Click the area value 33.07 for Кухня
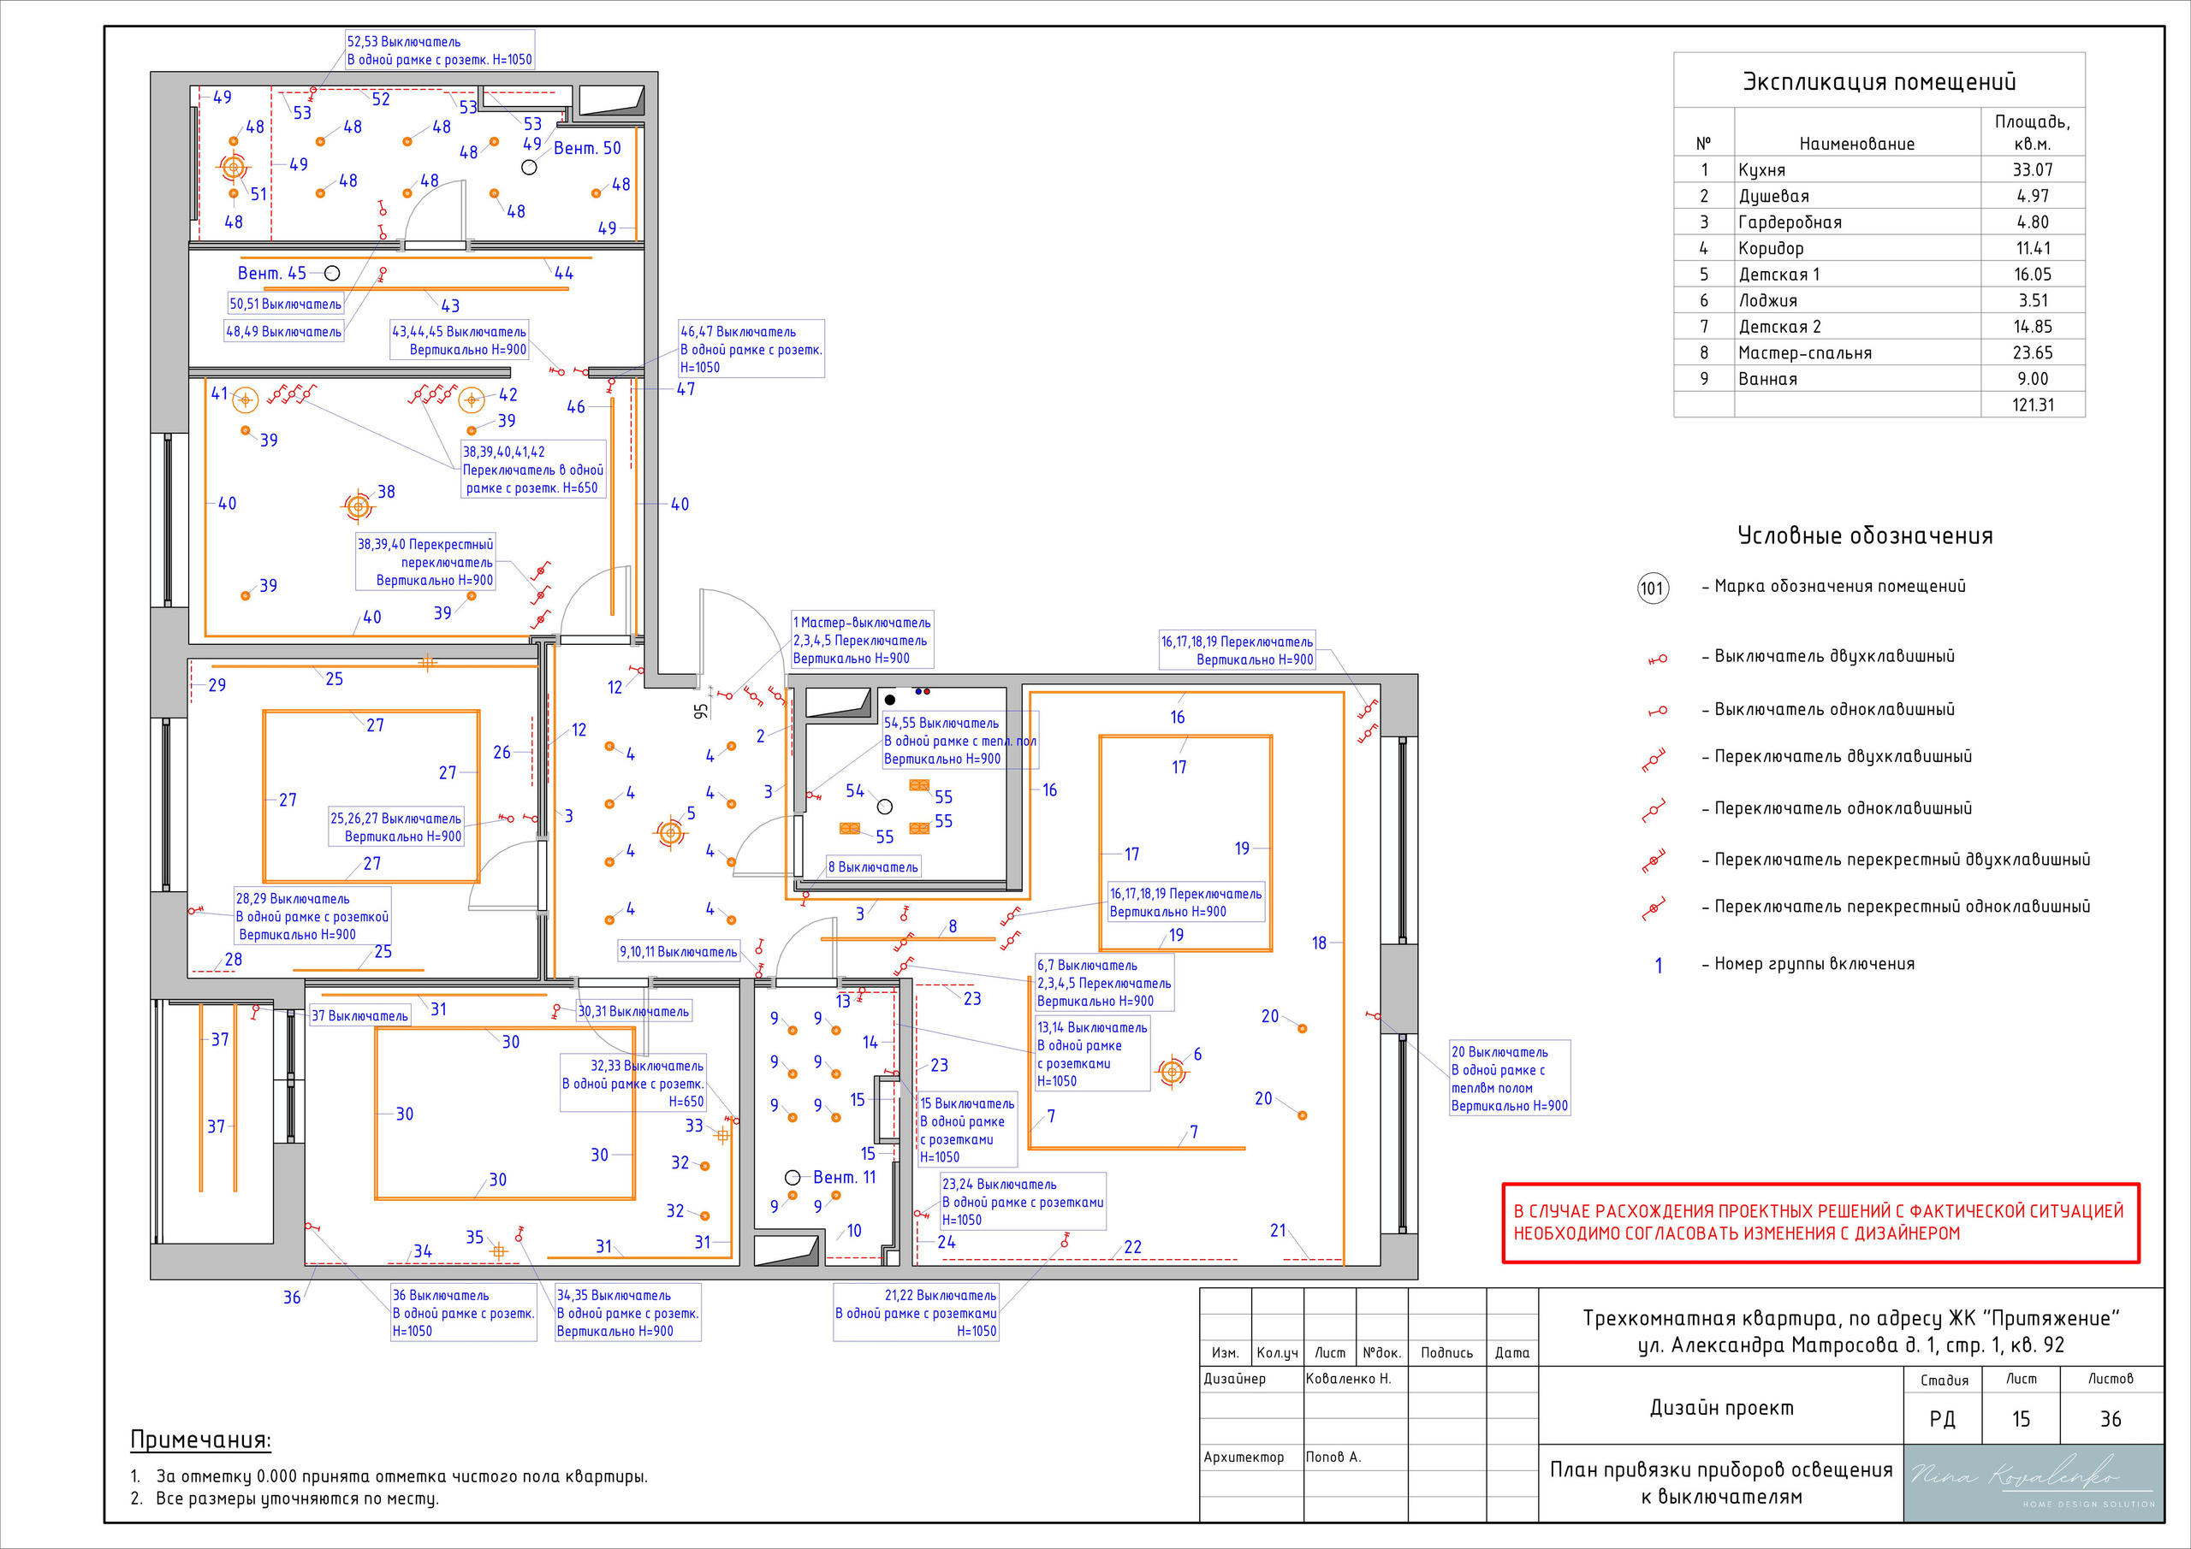(x=2033, y=169)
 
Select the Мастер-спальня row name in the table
(x=1804, y=353)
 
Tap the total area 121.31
(x=2033, y=405)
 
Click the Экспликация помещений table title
(x=1879, y=81)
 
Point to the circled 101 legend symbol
(x=1652, y=588)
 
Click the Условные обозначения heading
(x=1865, y=535)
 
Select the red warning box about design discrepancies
(x=1820, y=1223)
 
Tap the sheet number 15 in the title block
(x=2022, y=1419)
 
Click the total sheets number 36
(x=2111, y=1419)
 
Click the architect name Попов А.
(x=1333, y=1457)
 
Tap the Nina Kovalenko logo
(x=2034, y=1482)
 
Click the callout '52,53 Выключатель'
(x=439, y=50)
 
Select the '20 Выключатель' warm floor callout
(x=1509, y=1079)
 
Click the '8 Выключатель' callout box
(x=873, y=867)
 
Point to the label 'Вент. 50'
(x=587, y=148)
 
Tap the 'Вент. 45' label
(x=272, y=273)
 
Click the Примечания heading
(x=200, y=1440)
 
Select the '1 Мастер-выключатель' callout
(x=862, y=640)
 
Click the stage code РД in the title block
(x=1942, y=1419)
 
